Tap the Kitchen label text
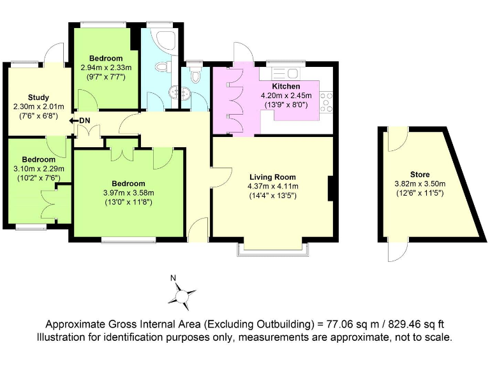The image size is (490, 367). pos(286,86)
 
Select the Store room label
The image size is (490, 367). pos(420,174)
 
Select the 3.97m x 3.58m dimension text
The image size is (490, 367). pos(130,193)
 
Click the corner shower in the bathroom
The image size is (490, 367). pos(169,40)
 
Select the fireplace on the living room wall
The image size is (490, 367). pos(331,189)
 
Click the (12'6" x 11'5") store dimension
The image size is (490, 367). pos(420,192)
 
